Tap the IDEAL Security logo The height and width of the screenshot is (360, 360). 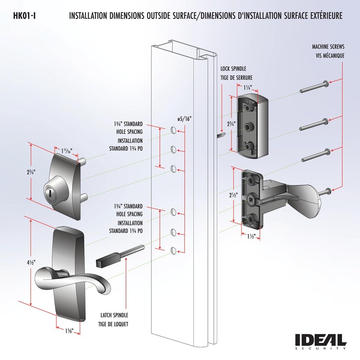pos(320,341)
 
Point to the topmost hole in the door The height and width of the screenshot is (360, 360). pos(173,130)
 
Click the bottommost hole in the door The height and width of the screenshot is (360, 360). pos(173,250)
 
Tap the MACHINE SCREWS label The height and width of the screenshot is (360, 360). pos(328,47)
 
